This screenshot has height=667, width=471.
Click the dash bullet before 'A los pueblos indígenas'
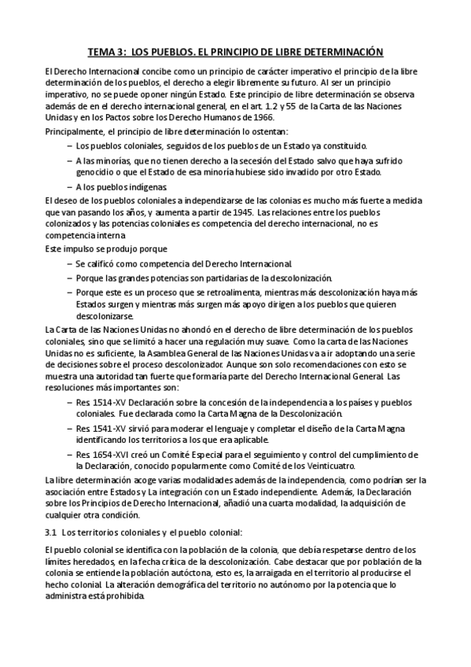[69, 187]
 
